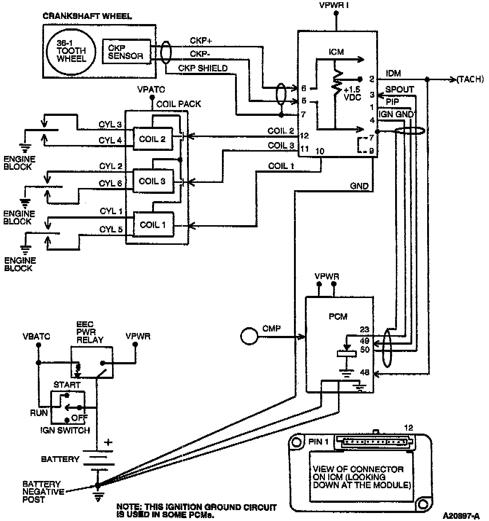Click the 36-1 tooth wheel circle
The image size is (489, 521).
[x=71, y=51]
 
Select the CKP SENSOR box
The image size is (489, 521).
[x=126, y=52]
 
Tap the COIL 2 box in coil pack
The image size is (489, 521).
[x=152, y=139]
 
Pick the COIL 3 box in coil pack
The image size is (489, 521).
[x=152, y=181]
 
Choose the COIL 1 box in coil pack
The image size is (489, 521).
[x=153, y=225]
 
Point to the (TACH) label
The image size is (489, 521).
[x=470, y=79]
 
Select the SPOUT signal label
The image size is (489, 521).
[x=399, y=89]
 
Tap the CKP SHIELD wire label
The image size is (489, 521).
[x=203, y=68]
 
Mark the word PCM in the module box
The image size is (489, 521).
[x=338, y=317]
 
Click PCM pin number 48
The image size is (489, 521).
[x=365, y=372]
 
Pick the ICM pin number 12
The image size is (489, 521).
[x=305, y=136]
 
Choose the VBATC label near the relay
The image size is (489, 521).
[x=36, y=336]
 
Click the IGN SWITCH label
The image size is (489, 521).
[x=65, y=430]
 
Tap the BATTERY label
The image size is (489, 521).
[x=60, y=459]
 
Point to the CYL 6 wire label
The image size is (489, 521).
[x=111, y=184]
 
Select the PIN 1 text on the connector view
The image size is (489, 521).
[x=319, y=442]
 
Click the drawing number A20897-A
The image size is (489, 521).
[x=461, y=516]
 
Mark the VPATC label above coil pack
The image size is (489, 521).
[x=151, y=89]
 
